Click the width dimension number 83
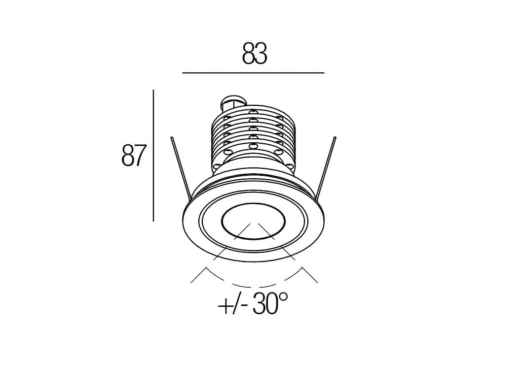tap(255, 53)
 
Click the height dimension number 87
tap(134, 155)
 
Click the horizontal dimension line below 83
tap(253, 72)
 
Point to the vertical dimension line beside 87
tap(153, 155)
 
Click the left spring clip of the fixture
tap(180, 169)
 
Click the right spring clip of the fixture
tap(326, 168)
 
